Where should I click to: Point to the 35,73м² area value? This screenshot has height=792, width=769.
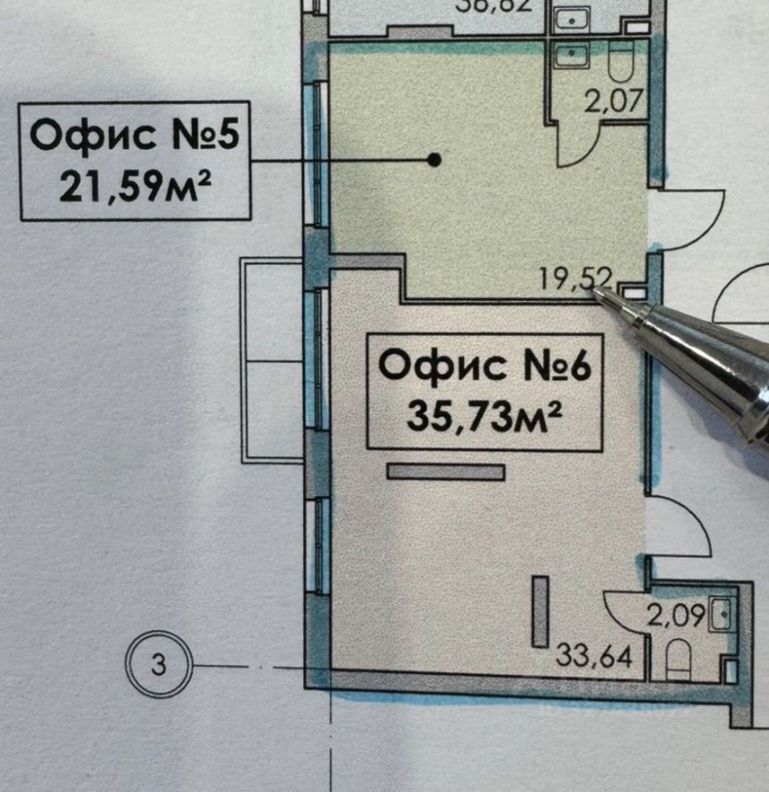point(485,416)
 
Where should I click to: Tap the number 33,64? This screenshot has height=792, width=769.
point(594,658)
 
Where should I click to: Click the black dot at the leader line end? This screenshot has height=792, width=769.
point(435,160)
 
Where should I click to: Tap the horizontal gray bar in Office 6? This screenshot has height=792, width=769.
point(446,471)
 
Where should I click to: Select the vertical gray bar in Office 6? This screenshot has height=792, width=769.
point(540,610)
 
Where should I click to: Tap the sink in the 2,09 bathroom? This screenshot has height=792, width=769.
point(724,612)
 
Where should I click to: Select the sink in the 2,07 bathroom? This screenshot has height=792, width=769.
point(571,57)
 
